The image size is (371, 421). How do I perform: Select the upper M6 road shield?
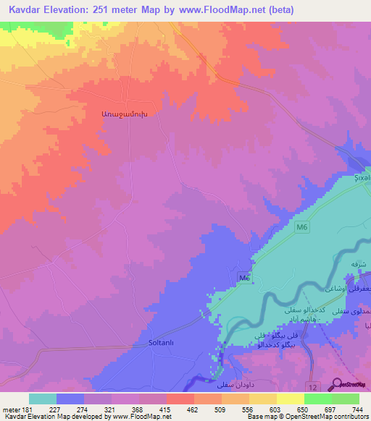point(302,229)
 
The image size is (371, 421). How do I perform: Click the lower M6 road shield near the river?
point(244,278)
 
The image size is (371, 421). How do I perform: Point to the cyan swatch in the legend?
point(42,399)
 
